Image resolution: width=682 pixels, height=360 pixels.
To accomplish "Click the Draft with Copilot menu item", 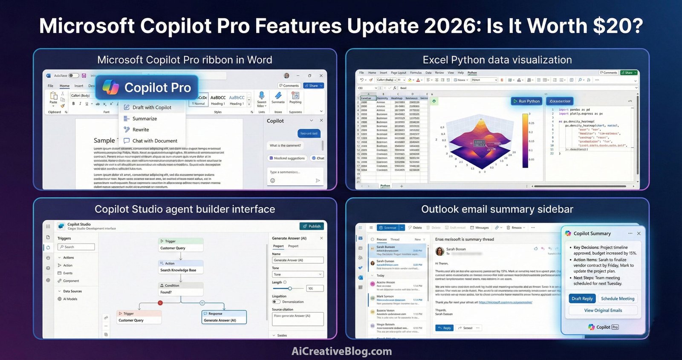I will (151, 107).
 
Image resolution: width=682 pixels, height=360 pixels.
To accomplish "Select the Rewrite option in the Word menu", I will (140, 130).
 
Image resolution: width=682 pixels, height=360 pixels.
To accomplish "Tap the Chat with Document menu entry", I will (154, 141).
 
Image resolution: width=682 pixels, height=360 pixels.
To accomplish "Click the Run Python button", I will (526, 101).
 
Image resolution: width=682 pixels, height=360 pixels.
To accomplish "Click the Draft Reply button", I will (582, 299).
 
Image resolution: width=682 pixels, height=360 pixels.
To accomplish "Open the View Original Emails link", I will (603, 311).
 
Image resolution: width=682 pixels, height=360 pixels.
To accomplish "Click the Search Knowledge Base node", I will (180, 270).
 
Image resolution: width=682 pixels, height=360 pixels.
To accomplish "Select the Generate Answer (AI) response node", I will (224, 320).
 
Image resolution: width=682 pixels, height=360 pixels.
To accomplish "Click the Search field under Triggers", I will (77, 247).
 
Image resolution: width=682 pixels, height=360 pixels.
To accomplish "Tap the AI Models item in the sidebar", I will (70, 299).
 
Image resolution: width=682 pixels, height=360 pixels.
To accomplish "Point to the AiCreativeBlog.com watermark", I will (341, 351).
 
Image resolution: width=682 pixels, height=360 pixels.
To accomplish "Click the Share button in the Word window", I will (313, 86).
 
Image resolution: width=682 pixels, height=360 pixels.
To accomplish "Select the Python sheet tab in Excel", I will (385, 186).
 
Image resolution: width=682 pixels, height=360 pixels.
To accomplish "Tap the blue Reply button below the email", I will (445, 328).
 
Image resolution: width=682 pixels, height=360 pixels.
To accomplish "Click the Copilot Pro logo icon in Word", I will (111, 87).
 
